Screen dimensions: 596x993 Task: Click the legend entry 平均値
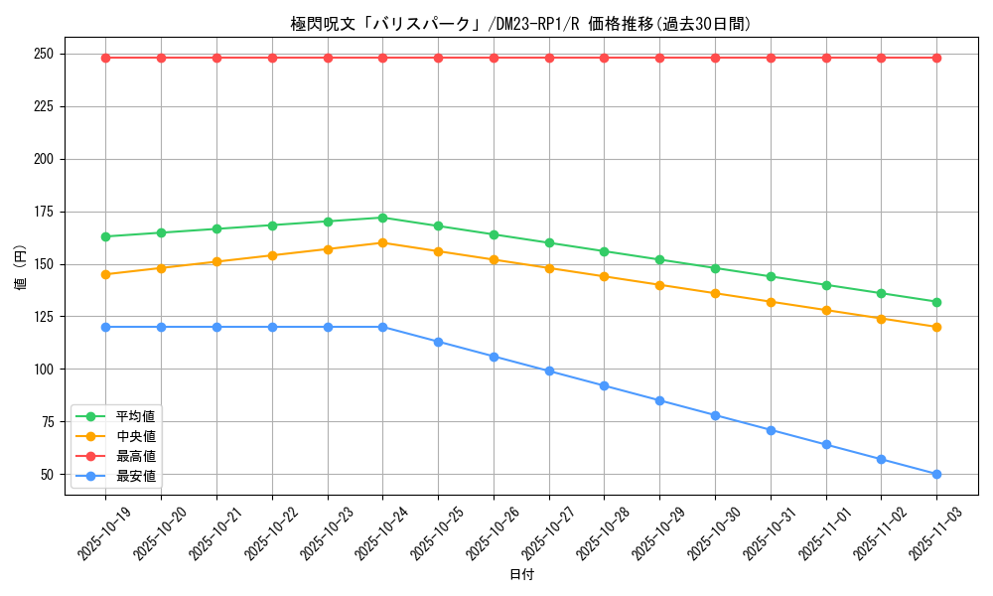[x=135, y=416]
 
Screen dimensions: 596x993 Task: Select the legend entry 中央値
[x=135, y=436]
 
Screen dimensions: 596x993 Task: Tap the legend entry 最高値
[x=135, y=456]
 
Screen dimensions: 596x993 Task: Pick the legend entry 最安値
[x=135, y=476]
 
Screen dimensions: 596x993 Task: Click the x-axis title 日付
[x=521, y=575]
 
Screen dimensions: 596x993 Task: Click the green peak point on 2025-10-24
[x=382, y=218]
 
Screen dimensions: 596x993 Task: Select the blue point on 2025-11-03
[x=936, y=474]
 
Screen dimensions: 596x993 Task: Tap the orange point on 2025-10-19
[x=105, y=274]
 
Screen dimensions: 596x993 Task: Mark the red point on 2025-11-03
[x=936, y=58]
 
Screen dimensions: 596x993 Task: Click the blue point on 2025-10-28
[x=604, y=385]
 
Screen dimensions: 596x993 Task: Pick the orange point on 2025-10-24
[x=382, y=242]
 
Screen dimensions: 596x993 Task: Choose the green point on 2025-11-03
[x=936, y=302]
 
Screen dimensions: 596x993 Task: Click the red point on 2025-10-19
[x=105, y=58]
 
